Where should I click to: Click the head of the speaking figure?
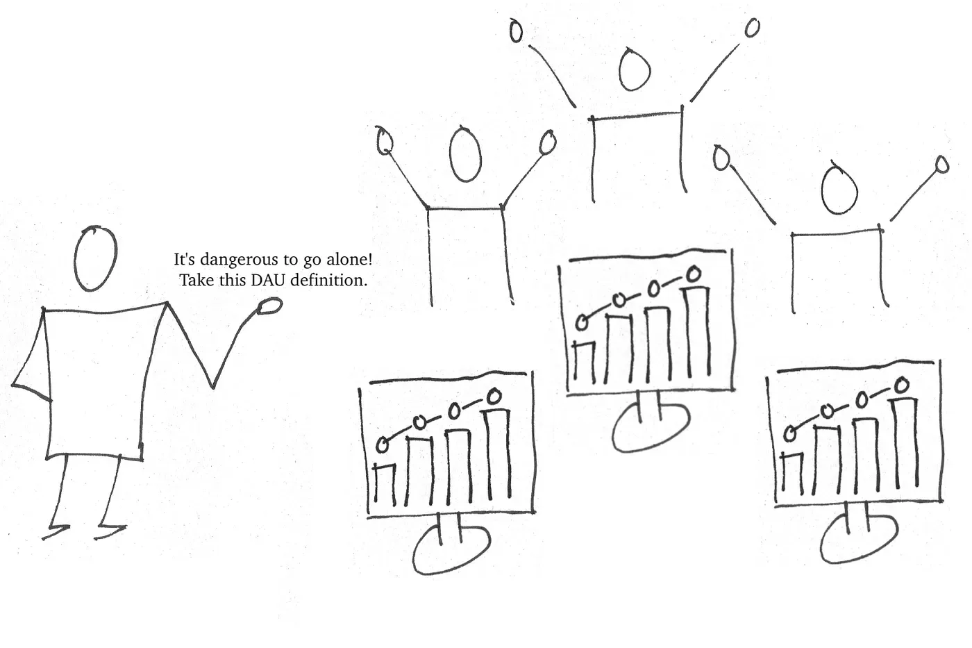click(x=95, y=258)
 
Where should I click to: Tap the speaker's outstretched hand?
click(x=269, y=306)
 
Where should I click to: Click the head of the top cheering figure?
click(x=634, y=69)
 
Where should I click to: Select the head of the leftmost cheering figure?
click(x=465, y=154)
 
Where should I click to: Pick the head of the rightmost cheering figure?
click(x=839, y=190)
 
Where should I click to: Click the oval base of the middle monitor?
click(x=651, y=424)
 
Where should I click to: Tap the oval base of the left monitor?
click(x=451, y=549)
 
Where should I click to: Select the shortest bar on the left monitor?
click(x=385, y=483)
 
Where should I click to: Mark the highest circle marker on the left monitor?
click(x=494, y=397)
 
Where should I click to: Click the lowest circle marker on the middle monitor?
click(x=583, y=322)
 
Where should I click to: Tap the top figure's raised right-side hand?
click(x=752, y=28)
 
